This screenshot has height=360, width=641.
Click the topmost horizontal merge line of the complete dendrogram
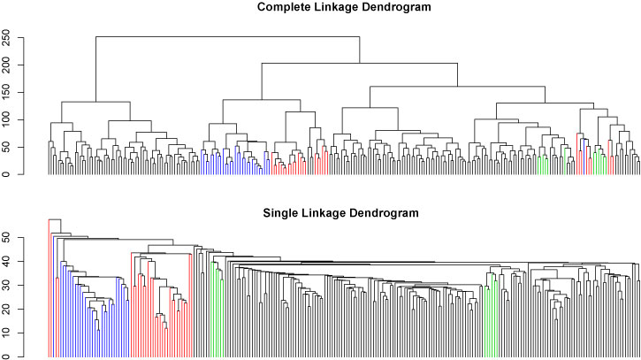pyautogui.click(x=227, y=36)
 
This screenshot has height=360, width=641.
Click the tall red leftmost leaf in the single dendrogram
pyautogui.click(x=49, y=292)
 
